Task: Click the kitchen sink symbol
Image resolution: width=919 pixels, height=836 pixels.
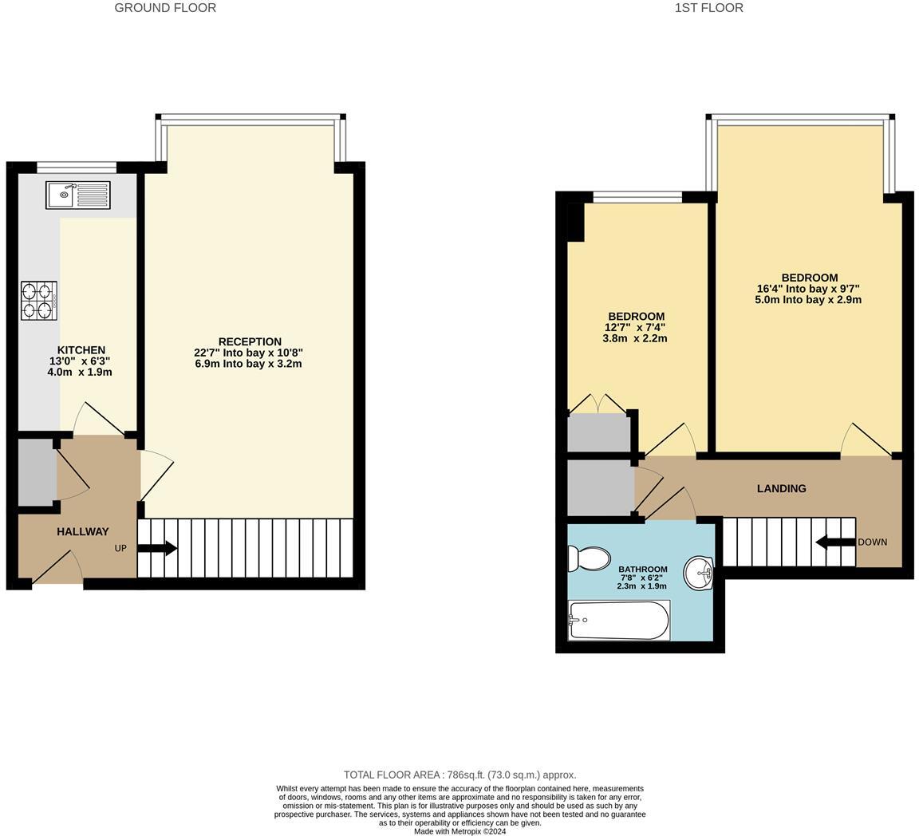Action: [77, 195]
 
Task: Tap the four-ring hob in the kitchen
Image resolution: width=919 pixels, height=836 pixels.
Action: [39, 301]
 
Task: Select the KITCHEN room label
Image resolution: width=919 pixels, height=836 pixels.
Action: [81, 350]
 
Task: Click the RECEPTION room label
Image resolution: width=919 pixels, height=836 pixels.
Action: [250, 341]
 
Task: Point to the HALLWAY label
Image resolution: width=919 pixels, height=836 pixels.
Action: [82, 531]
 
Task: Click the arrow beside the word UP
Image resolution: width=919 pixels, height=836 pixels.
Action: [157, 549]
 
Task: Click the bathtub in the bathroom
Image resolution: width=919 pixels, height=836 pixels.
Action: [619, 621]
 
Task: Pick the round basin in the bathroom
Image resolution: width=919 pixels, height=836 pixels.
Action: [699, 571]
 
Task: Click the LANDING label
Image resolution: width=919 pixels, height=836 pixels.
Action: [781, 488]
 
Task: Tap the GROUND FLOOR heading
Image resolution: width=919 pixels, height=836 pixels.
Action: [165, 8]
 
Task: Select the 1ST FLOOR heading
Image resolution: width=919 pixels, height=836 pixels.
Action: [708, 8]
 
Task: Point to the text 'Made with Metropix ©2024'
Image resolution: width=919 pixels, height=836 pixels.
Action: [459, 831]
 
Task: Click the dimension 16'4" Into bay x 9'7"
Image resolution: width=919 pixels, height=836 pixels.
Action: [808, 289]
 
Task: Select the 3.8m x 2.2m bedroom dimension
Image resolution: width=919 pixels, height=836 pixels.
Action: [634, 338]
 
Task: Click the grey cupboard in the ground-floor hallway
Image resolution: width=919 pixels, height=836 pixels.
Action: [37, 471]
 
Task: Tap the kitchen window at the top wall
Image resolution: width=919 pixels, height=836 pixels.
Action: [77, 167]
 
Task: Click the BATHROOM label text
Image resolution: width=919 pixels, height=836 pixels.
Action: [642, 569]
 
